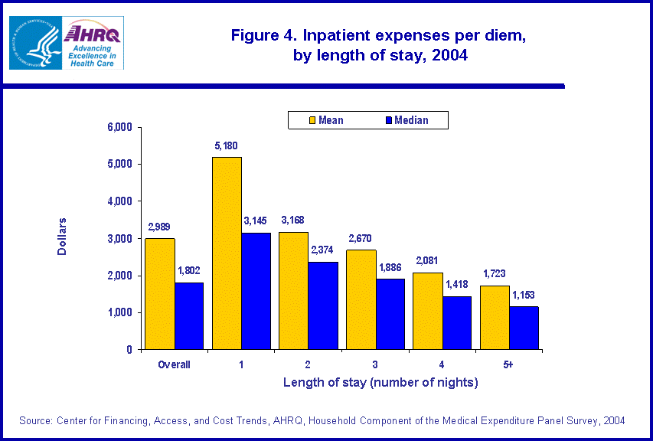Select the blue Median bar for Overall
click(189, 315)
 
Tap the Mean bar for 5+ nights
click(495, 317)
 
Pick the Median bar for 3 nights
click(390, 314)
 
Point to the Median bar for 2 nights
click(323, 305)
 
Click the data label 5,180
click(228, 145)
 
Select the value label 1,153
click(524, 295)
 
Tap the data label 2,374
click(323, 250)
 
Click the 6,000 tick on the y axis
click(119, 127)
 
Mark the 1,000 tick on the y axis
click(119, 312)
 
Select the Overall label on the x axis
click(175, 364)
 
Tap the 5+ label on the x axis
click(508, 364)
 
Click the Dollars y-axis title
click(63, 237)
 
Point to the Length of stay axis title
click(380, 382)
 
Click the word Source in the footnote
click(36, 420)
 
